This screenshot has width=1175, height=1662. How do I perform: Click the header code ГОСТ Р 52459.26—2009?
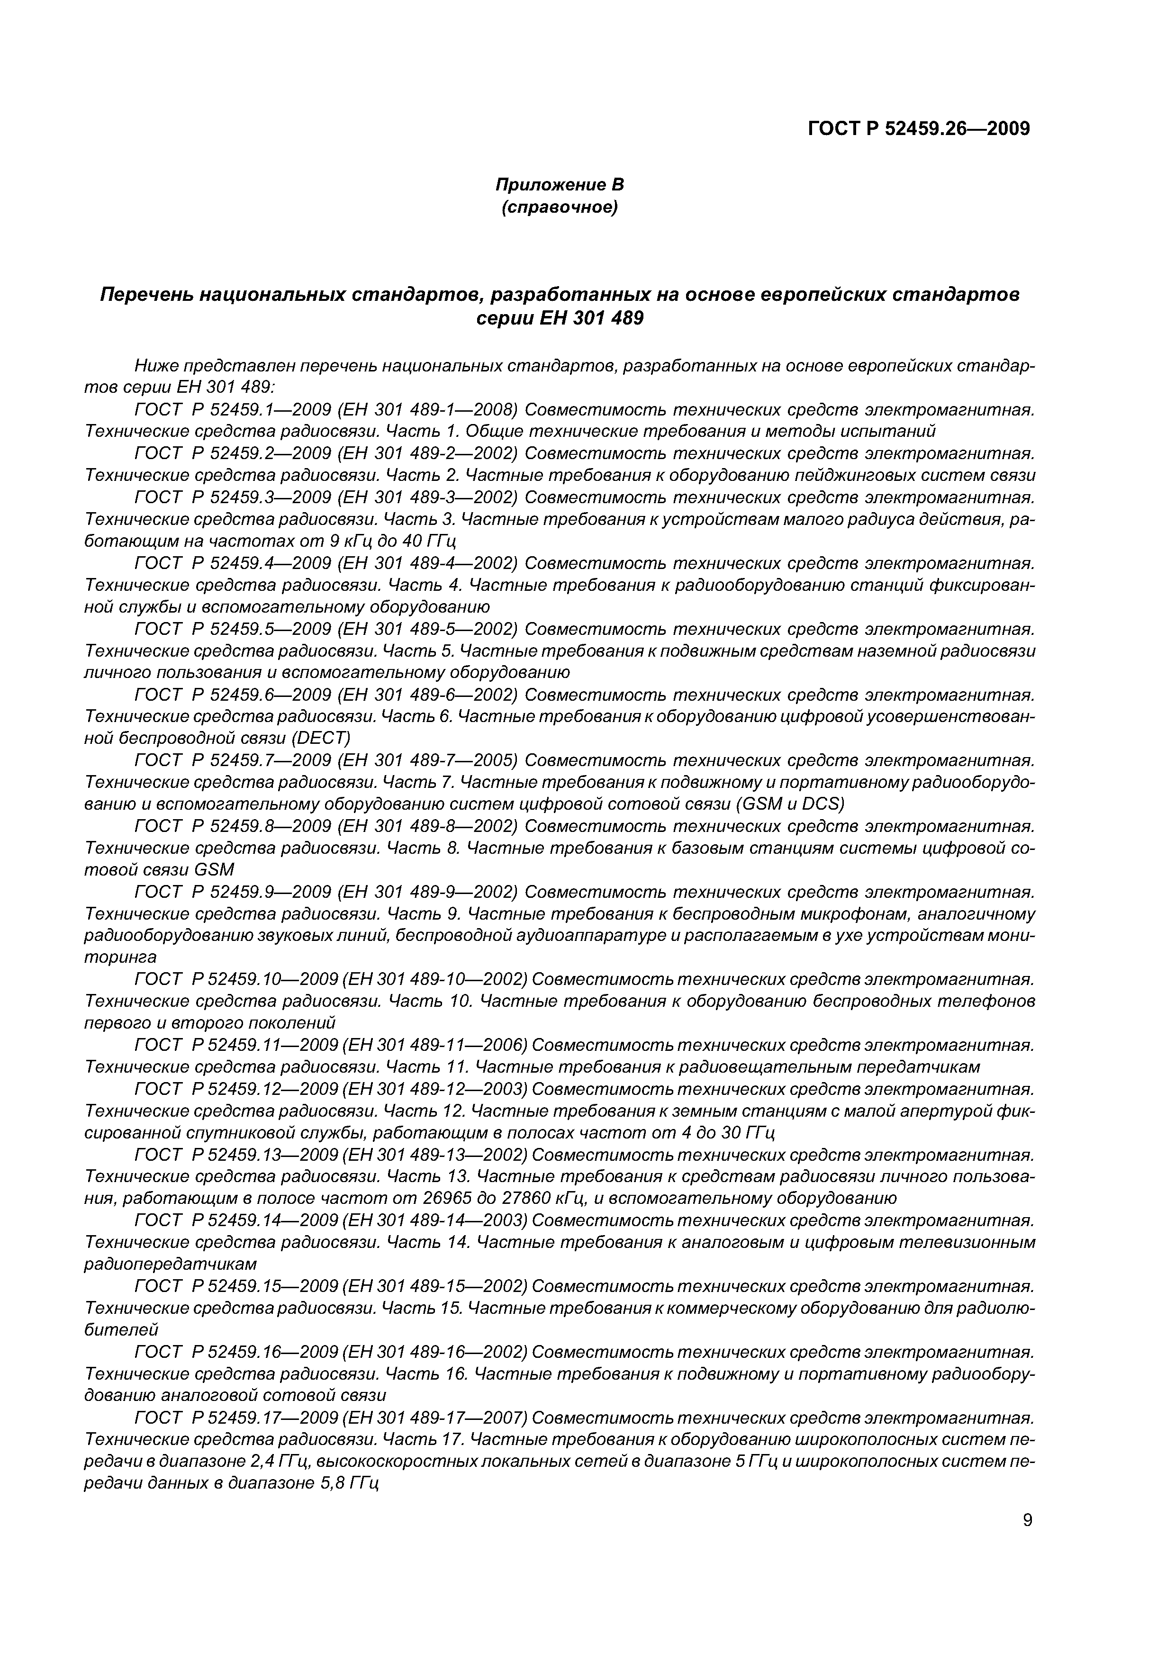[918, 129]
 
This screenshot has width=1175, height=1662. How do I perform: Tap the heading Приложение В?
[559, 185]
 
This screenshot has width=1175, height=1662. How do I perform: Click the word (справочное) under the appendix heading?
[560, 208]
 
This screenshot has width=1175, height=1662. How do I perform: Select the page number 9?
[1027, 1520]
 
